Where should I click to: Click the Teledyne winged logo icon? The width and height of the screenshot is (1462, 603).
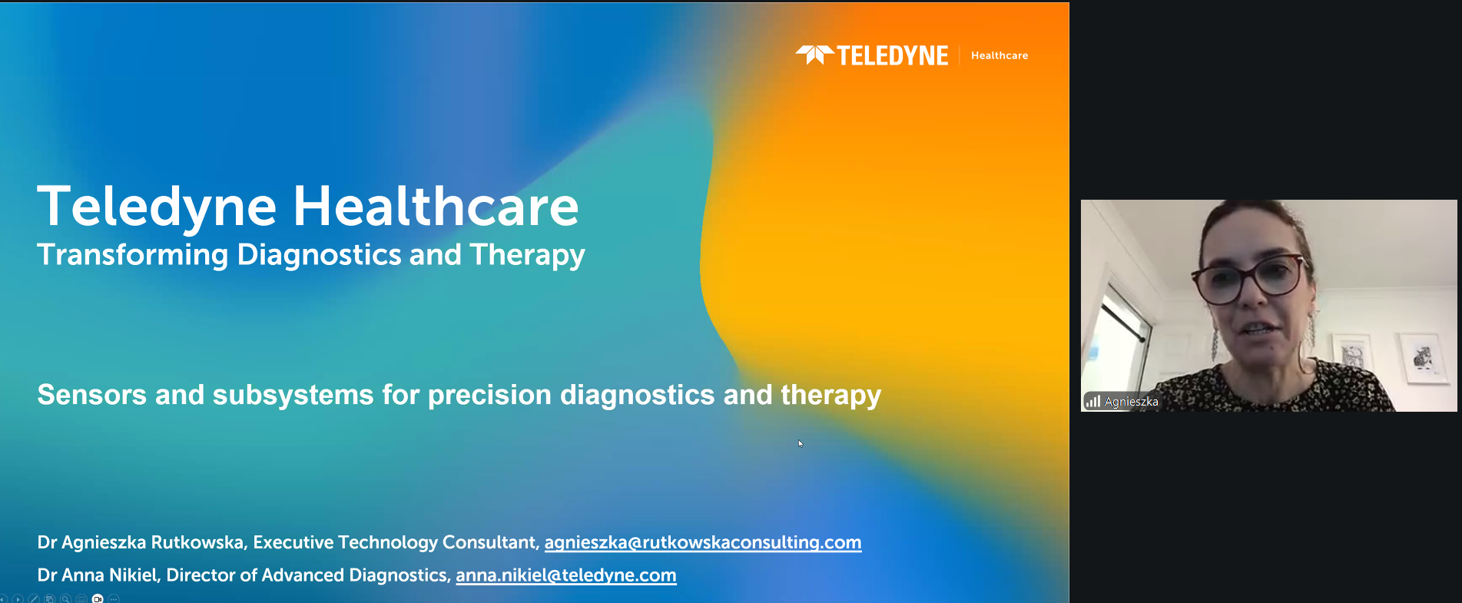pos(814,55)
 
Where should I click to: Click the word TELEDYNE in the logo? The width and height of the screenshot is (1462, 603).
pos(893,55)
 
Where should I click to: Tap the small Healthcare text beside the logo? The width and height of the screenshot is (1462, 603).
pos(1000,55)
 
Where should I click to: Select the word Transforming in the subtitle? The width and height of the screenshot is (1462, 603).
pos(133,254)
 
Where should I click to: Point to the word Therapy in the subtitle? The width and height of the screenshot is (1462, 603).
pos(528,255)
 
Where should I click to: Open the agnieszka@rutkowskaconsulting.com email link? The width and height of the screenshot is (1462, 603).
pos(703,542)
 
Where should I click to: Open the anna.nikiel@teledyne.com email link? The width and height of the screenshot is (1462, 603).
pos(566,575)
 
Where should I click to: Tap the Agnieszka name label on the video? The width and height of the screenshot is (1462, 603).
pos(1132,401)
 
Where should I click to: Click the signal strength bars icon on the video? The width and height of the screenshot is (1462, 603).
pos(1092,401)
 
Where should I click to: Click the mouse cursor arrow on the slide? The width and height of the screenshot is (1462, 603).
pos(801,443)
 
